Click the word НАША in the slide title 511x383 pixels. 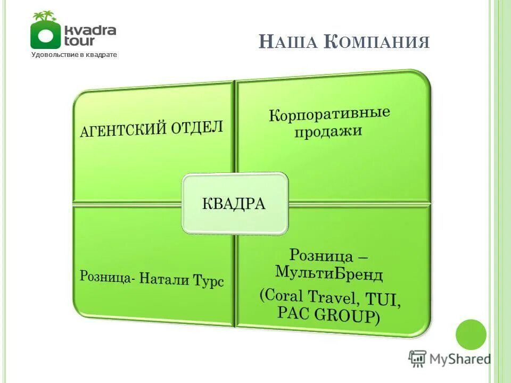(x=289, y=42)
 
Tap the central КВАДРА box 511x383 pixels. (x=235, y=204)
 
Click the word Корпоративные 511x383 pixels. (x=329, y=115)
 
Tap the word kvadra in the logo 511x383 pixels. (x=89, y=29)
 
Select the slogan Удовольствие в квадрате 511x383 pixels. (x=73, y=54)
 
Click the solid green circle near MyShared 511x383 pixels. (x=471, y=335)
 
